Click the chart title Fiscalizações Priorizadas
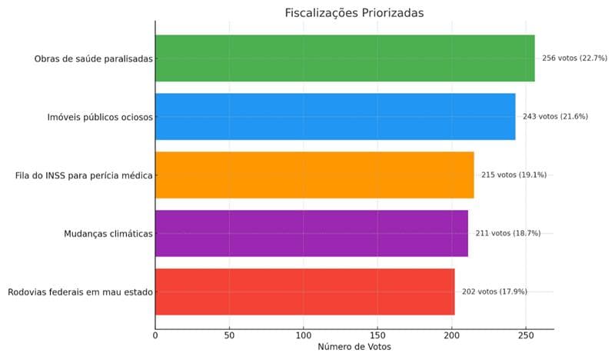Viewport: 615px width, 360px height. [354, 12]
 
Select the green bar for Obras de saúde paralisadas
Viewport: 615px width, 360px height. [344, 58]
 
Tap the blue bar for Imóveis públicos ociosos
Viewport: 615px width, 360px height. [335, 117]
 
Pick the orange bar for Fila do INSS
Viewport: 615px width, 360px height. [314, 175]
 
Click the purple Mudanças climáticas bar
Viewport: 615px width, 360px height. [311, 233]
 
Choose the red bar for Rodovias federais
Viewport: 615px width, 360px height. [304, 292]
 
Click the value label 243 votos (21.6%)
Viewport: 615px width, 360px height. [555, 117]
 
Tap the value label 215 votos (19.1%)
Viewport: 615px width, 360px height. [514, 175]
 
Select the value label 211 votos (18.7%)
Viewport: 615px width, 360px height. [508, 233]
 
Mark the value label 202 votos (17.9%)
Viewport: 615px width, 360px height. [494, 292]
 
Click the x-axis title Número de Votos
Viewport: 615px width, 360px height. [354, 348]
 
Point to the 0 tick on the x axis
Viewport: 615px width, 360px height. [155, 335]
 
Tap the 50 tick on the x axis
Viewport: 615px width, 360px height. [229, 335]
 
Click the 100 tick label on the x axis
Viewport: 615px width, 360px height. [304, 335]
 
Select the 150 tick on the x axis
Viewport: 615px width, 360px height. [377, 335]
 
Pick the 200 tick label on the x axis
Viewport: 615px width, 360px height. [451, 335]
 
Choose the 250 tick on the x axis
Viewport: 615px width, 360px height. [526, 335]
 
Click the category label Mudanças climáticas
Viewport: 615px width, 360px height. [109, 233]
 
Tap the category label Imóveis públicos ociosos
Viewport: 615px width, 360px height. [101, 117]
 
